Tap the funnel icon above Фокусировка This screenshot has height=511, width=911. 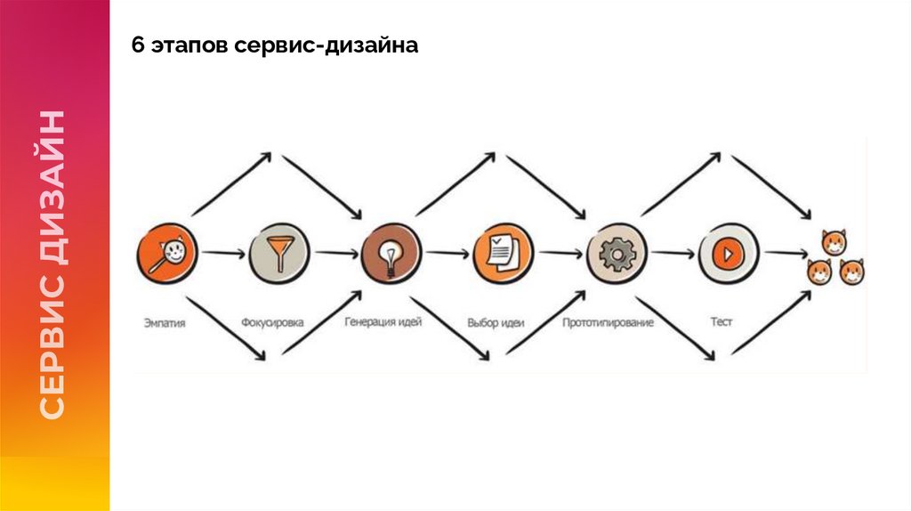point(279,253)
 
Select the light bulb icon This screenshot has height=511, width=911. point(391,254)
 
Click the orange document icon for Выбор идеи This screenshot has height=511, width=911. point(503,253)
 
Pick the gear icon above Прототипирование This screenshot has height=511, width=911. point(616,255)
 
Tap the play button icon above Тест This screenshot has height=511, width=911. point(727,255)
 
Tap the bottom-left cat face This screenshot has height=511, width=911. point(819,272)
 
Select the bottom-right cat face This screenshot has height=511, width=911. point(851,272)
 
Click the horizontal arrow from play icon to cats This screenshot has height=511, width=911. point(785,254)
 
